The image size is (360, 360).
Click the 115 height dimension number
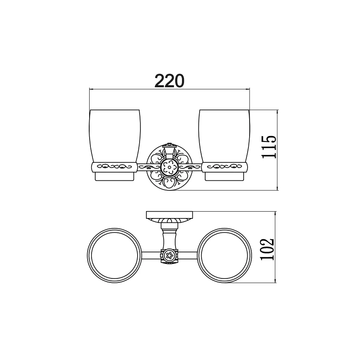point(270,147)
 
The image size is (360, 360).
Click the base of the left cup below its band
point(115,176)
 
